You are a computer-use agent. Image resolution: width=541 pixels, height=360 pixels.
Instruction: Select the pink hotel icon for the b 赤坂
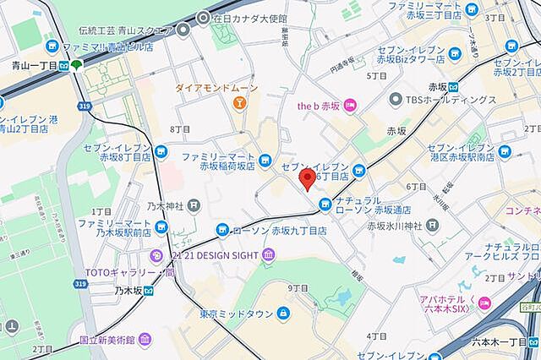(x=351, y=105)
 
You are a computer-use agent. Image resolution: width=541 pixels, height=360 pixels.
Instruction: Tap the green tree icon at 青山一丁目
(x=77, y=65)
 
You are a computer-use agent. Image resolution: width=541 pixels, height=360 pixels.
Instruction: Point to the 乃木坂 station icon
(x=149, y=291)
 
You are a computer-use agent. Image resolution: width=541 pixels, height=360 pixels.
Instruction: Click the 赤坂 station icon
(x=453, y=85)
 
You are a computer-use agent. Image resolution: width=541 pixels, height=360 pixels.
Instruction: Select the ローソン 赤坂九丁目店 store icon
(x=222, y=229)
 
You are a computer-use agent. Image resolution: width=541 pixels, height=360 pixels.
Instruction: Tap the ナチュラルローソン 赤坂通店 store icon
(x=325, y=203)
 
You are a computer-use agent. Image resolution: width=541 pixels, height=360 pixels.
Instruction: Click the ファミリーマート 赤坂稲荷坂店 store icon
(x=265, y=158)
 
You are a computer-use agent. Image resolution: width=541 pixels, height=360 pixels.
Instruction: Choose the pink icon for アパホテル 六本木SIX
(x=484, y=303)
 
